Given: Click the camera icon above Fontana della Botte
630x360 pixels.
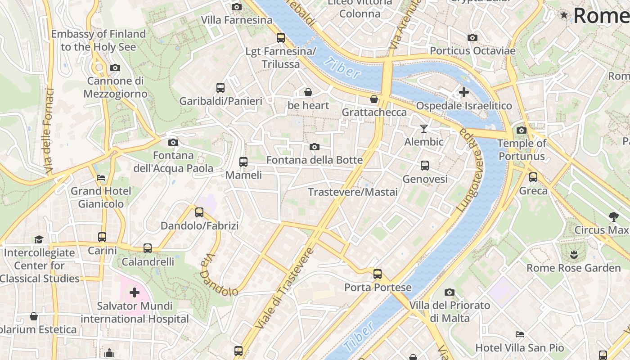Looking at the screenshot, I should coord(315,147).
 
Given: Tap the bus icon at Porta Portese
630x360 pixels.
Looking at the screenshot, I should coord(377,274).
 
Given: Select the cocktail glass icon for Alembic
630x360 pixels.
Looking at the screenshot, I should coord(423,129).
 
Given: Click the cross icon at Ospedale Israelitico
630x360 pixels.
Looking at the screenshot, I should coord(463,93).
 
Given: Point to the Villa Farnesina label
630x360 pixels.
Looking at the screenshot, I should coord(237,20).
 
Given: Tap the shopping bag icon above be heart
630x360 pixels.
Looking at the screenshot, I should coord(308,92).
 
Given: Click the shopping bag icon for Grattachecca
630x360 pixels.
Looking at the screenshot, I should coord(374,99).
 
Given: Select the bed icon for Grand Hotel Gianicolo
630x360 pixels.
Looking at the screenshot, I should coord(101,178).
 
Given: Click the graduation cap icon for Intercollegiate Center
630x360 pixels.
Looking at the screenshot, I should coord(39,239).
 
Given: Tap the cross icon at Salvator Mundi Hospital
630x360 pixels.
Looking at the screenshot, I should coord(134,293).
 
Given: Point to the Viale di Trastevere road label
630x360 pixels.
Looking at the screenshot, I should coord(283,288).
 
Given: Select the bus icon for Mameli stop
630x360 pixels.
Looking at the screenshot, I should coord(243,162).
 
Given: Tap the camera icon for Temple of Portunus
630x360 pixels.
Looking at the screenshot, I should coord(521,130).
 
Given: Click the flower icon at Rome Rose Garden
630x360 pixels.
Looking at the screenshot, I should coord(573,255).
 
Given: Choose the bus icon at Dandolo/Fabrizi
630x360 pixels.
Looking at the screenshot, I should coord(199,212).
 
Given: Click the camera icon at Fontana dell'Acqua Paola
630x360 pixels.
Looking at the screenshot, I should coord(173,143).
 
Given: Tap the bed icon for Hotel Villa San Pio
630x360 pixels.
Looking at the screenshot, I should coord(520,334).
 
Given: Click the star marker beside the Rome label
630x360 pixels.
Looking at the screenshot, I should coord(564,15).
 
